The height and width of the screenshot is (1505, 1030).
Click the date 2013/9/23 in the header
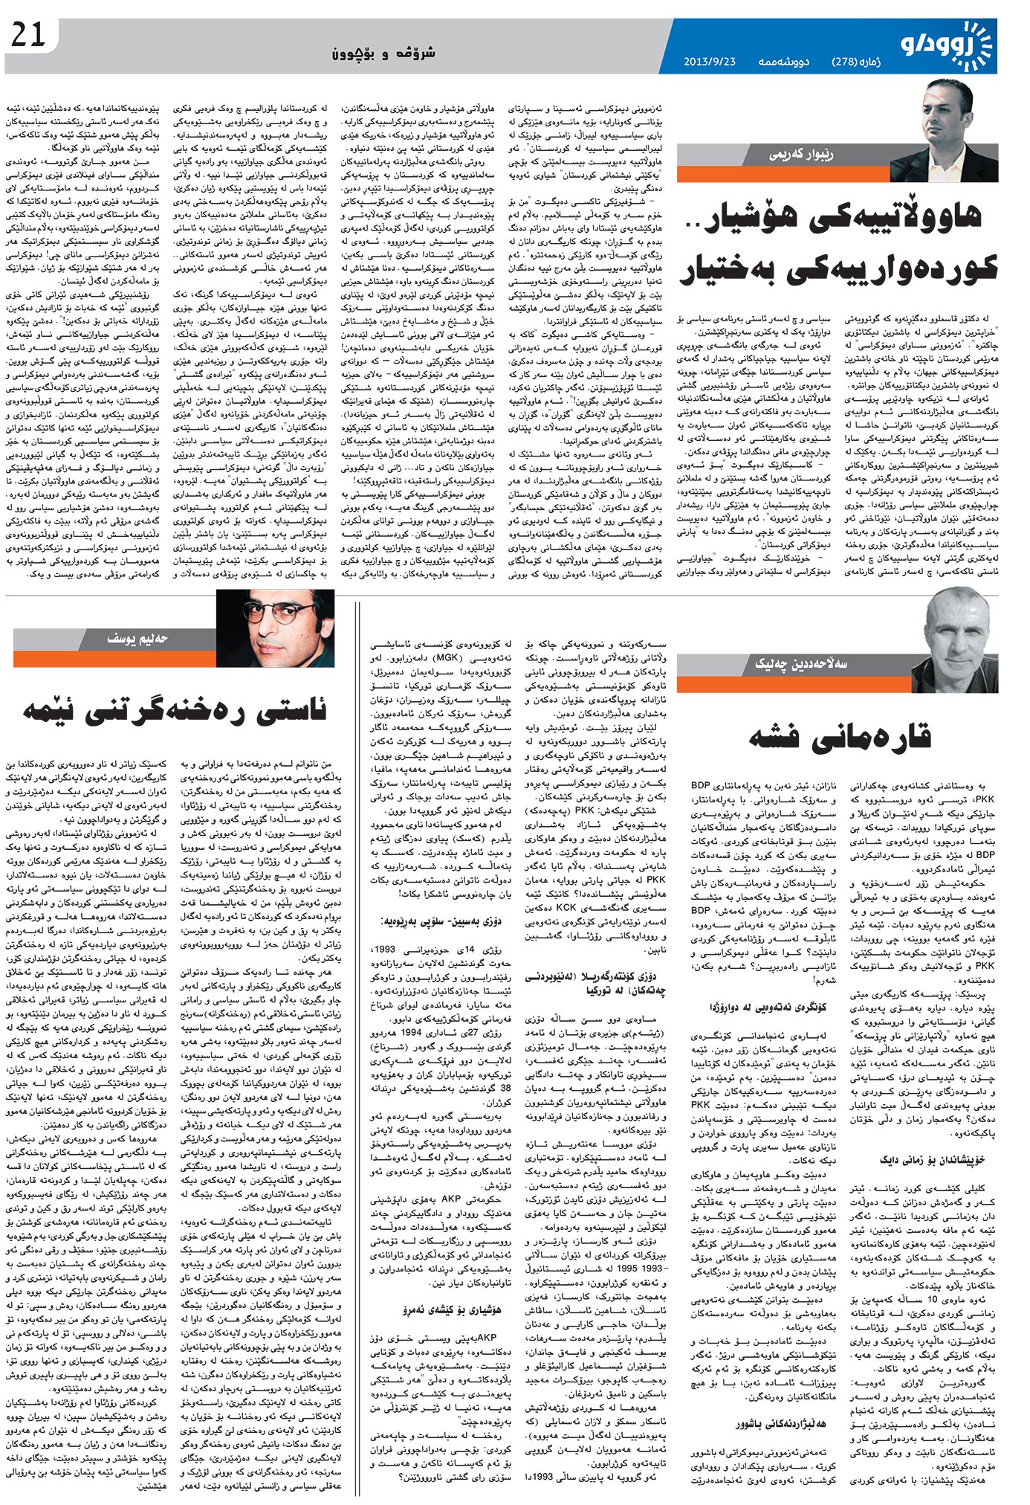709,62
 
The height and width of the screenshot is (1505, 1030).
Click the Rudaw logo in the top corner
950,45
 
